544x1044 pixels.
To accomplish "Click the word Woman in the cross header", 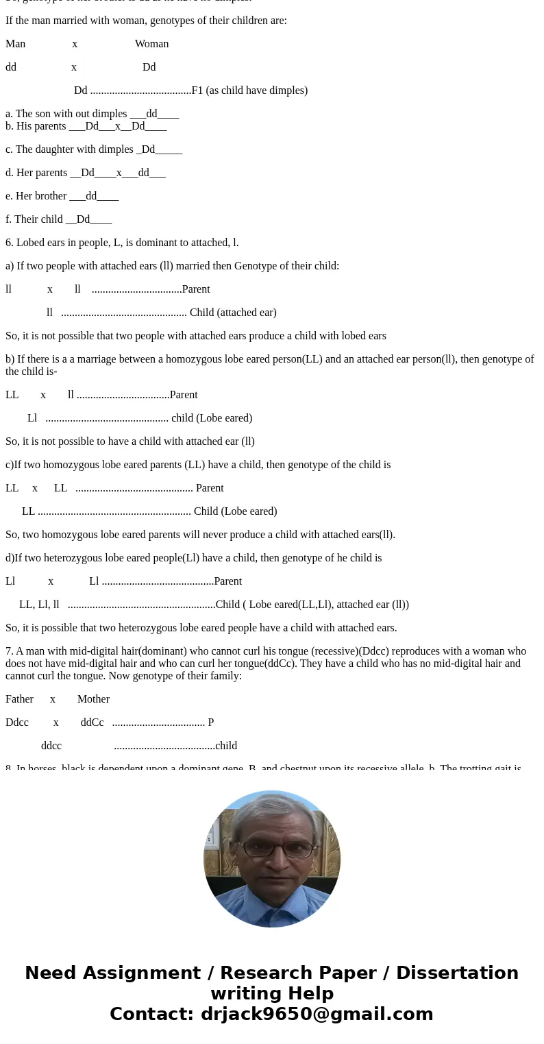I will point(151,44).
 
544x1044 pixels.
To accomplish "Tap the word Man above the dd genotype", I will point(15,44).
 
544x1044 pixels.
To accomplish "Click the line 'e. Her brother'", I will point(62,196).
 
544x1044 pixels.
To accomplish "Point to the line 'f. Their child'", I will point(58,219).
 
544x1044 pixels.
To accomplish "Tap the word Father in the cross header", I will point(19,699).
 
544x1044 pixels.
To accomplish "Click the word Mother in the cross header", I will point(93,699).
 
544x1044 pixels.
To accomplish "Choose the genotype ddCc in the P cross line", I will point(92,723).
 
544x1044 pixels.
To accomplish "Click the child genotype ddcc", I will point(51,746).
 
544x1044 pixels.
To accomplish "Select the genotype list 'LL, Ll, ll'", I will point(39,605).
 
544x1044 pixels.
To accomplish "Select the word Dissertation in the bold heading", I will point(457,973).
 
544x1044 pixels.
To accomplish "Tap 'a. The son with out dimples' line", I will point(92,114).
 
